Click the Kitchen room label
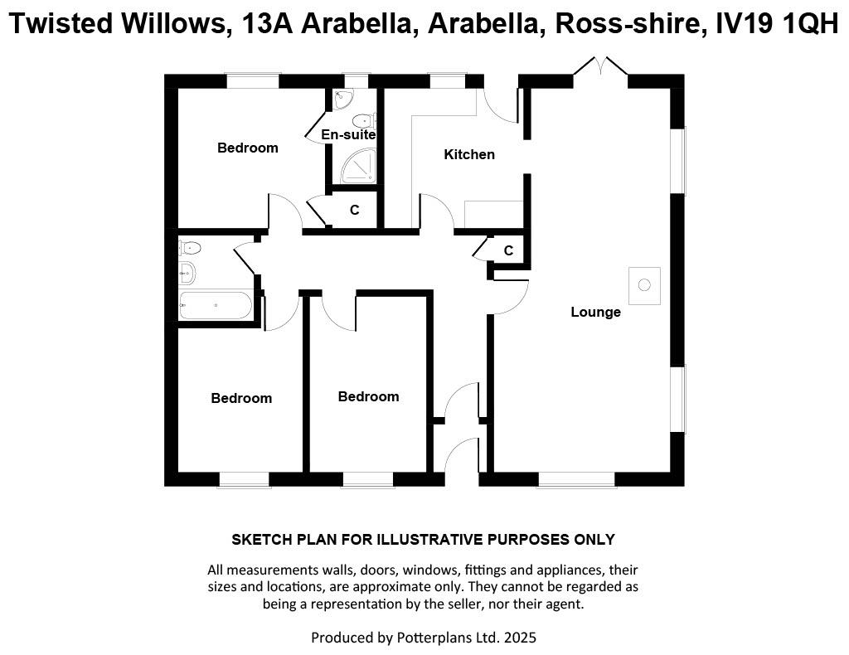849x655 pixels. point(469,154)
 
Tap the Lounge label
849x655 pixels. point(595,312)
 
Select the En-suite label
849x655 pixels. point(348,134)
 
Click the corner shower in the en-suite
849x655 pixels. point(358,166)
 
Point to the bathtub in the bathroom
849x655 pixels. point(216,306)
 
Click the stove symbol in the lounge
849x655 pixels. point(644,284)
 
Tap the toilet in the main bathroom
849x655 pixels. point(190,248)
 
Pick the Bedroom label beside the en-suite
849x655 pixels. point(247,148)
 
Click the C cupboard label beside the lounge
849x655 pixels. point(508,250)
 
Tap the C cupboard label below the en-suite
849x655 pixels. point(354,210)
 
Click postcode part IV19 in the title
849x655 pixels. point(744,23)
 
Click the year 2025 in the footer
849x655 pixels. point(520,638)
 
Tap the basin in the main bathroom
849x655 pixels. point(187,273)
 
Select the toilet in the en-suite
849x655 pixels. point(364,119)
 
